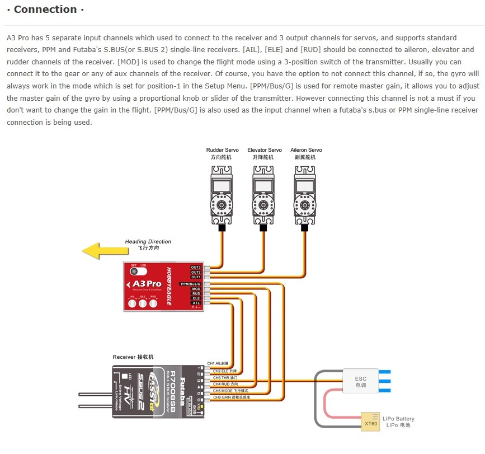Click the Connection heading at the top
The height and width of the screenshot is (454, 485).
[x=45, y=10]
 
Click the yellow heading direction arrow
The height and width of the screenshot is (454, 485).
[x=101, y=250]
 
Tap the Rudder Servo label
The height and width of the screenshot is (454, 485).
[x=222, y=151]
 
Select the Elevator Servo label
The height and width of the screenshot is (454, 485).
[x=265, y=151]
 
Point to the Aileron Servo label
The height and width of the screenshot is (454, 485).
[x=306, y=151]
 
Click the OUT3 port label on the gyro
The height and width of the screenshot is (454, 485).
[x=196, y=268]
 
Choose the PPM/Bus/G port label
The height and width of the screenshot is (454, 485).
[x=191, y=284]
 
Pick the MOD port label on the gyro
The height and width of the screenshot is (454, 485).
[x=196, y=289]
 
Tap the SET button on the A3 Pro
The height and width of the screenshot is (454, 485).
[x=134, y=272]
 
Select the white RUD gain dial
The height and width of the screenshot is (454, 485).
[x=152, y=303]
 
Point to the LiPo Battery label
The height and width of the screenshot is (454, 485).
[x=399, y=419]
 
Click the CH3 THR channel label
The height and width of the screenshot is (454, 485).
[x=225, y=378]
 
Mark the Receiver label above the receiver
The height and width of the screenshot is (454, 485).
[x=133, y=357]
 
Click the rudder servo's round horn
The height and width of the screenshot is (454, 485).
[x=222, y=205]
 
